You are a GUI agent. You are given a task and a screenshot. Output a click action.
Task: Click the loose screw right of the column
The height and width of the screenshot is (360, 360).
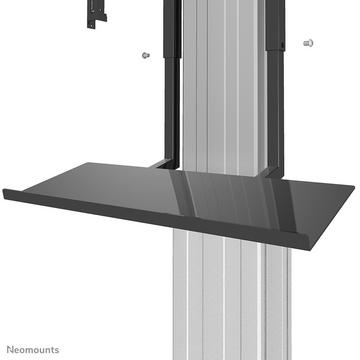(x=306, y=43)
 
